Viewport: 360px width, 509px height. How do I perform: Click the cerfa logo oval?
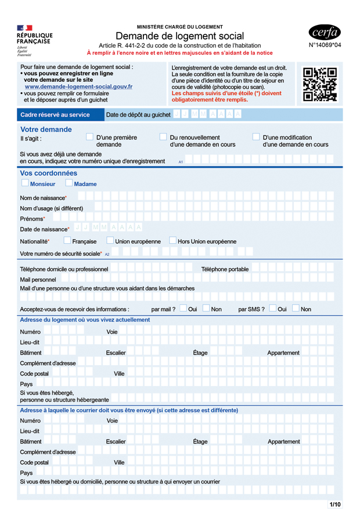(x=325, y=32)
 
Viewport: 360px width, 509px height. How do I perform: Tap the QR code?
(x=320, y=84)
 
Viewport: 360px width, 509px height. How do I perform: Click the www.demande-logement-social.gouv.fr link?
(x=78, y=86)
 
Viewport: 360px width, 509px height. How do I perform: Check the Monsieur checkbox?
(x=25, y=183)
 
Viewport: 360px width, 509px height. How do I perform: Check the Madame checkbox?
(x=69, y=183)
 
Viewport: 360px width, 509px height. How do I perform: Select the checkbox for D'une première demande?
(x=89, y=137)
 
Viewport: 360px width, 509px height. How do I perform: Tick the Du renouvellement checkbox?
(x=163, y=137)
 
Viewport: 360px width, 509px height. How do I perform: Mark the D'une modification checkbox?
(x=256, y=137)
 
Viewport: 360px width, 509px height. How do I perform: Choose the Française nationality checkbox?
(x=67, y=240)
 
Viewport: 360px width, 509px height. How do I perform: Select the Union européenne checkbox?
(x=110, y=240)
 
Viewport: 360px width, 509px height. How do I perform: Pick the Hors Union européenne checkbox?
(x=172, y=240)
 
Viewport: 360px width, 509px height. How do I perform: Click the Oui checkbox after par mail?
(x=183, y=308)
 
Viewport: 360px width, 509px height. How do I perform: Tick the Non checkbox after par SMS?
(x=296, y=308)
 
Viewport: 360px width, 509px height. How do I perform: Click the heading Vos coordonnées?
(x=49, y=173)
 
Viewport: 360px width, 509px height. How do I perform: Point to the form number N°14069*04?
(x=325, y=45)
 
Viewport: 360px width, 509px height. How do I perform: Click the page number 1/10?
(x=335, y=504)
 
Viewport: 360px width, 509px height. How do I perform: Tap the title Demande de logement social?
(x=179, y=36)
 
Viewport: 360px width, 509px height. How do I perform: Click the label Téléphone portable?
(x=225, y=269)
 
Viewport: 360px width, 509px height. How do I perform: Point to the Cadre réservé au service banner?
(x=55, y=115)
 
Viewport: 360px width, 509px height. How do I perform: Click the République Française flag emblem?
(x=24, y=28)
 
